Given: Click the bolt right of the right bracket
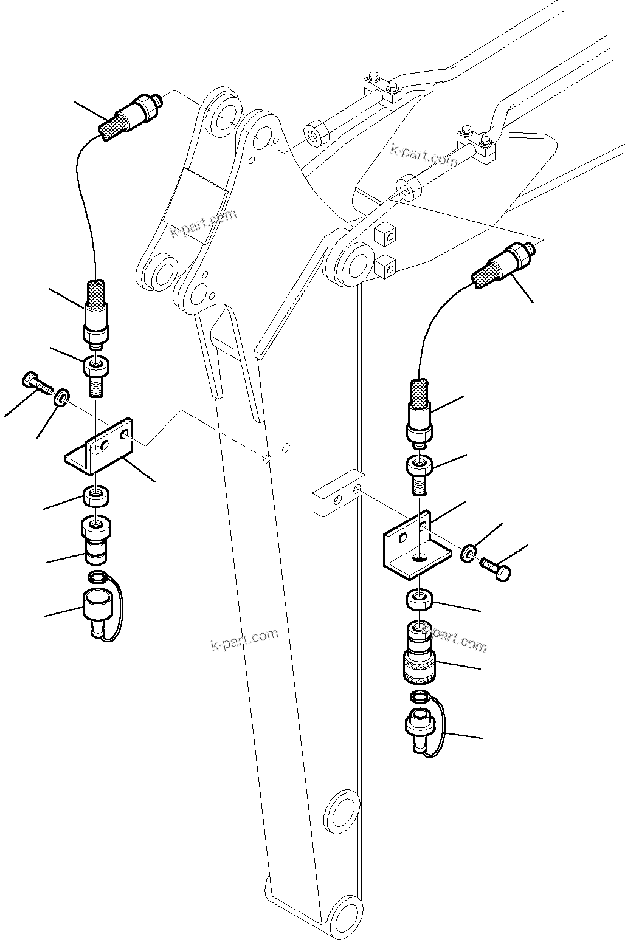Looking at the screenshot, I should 496,569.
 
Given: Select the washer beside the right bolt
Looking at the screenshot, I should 467,554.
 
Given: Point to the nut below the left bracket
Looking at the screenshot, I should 96,497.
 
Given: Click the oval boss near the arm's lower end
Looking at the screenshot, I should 340,814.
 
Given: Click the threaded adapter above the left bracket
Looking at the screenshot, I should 96,375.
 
